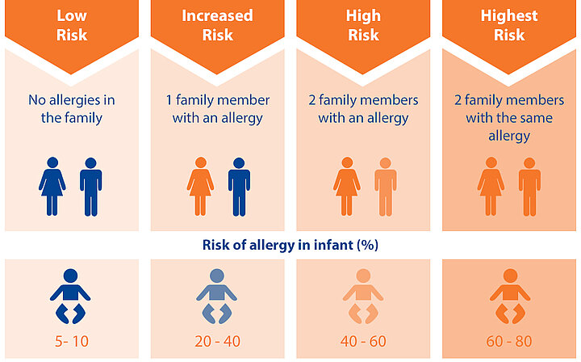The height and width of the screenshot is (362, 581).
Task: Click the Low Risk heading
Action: coord(72,25)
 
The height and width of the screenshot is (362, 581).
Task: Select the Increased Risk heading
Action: coord(218,25)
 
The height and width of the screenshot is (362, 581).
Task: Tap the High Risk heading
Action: coord(363,25)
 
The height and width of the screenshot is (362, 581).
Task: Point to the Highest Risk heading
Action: coord(509,25)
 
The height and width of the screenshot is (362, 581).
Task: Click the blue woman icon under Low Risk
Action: coord(52,187)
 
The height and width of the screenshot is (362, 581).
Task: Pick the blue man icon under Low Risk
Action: coord(90,187)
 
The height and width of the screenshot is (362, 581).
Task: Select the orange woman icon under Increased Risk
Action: coord(200,187)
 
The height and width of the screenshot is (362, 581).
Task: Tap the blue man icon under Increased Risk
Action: coord(239,187)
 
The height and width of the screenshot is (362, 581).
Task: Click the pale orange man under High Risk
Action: coord(386,187)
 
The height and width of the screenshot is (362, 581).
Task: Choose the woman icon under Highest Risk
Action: coord(491,187)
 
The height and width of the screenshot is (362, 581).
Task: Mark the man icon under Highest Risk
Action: coord(529,187)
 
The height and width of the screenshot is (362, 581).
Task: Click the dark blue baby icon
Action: coord(70,297)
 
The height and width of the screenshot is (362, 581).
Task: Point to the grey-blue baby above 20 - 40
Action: coord(217,297)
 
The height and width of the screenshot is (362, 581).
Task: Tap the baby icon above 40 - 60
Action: coord(363,297)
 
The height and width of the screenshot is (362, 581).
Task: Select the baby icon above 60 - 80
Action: coord(510,297)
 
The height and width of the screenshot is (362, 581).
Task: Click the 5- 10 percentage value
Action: coord(72,341)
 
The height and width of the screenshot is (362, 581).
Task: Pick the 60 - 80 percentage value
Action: coord(509,341)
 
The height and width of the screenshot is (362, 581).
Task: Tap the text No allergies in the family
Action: coord(72,109)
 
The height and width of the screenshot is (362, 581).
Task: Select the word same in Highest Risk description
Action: coord(534,118)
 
